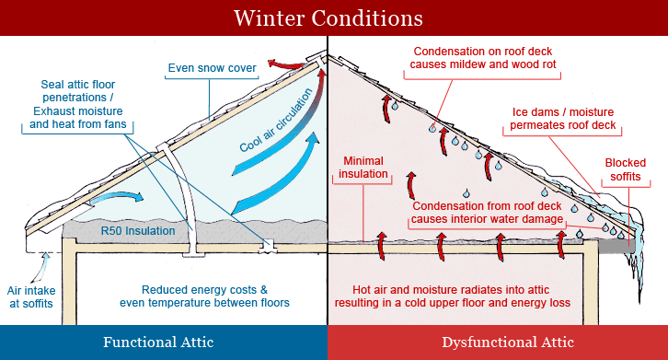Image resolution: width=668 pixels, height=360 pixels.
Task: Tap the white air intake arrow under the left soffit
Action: pos(40,264)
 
